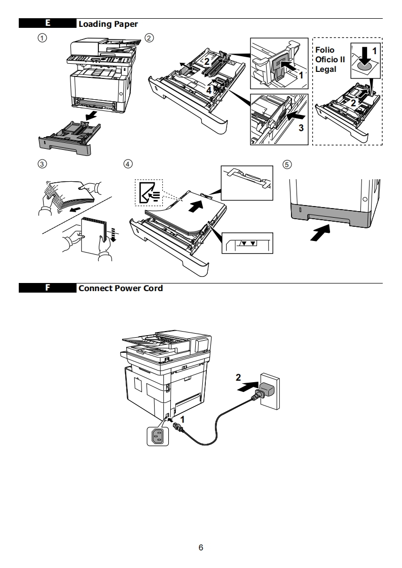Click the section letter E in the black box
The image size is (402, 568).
pos(47,24)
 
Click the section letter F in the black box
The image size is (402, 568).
pos(47,288)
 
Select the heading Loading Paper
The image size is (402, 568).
pos(107,24)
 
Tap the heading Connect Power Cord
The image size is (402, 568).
pos(120,288)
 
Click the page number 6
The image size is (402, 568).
pos(201,548)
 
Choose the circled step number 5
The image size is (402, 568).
pos(287,164)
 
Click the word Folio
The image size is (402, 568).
pos(325,51)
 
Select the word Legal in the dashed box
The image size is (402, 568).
pos(325,69)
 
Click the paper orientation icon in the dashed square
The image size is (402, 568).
pos(147,193)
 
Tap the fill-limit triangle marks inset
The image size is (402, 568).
pos(248,244)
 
